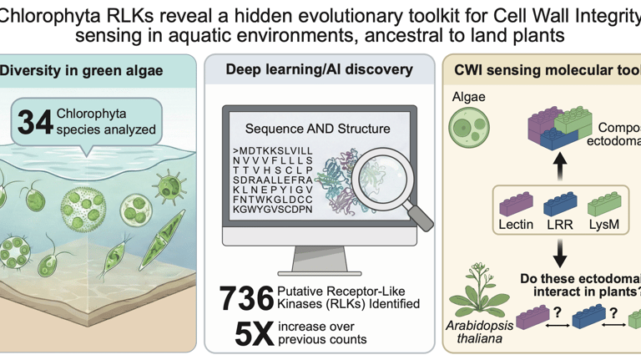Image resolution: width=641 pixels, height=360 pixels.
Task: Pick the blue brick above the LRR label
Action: (x=560, y=203)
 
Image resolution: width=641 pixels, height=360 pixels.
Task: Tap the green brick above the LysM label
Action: (x=604, y=203)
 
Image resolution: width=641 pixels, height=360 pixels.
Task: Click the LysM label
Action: (x=604, y=225)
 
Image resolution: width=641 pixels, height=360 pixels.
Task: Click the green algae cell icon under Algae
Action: (x=467, y=129)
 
